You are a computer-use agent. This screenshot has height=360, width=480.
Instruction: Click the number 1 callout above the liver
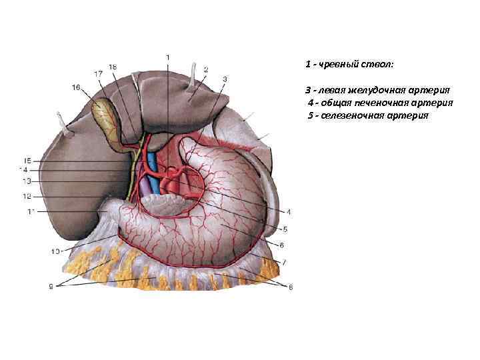[x=168, y=57]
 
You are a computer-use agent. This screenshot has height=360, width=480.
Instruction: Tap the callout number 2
[x=206, y=69]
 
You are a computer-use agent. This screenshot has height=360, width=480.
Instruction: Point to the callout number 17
[x=98, y=73]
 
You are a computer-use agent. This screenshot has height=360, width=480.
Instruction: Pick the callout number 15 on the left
[x=27, y=161]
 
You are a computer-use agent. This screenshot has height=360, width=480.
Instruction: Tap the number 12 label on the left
[x=27, y=196]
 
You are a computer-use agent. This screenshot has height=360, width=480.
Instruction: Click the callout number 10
[x=55, y=251]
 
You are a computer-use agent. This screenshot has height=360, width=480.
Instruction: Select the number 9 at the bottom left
[x=51, y=287]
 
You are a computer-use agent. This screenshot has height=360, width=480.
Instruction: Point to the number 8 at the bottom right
[x=290, y=287]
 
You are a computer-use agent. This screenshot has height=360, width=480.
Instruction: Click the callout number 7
[x=284, y=262]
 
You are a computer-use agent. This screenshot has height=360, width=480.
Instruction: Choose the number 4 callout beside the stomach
[x=289, y=213]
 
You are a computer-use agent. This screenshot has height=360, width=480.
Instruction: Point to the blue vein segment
[x=153, y=170]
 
